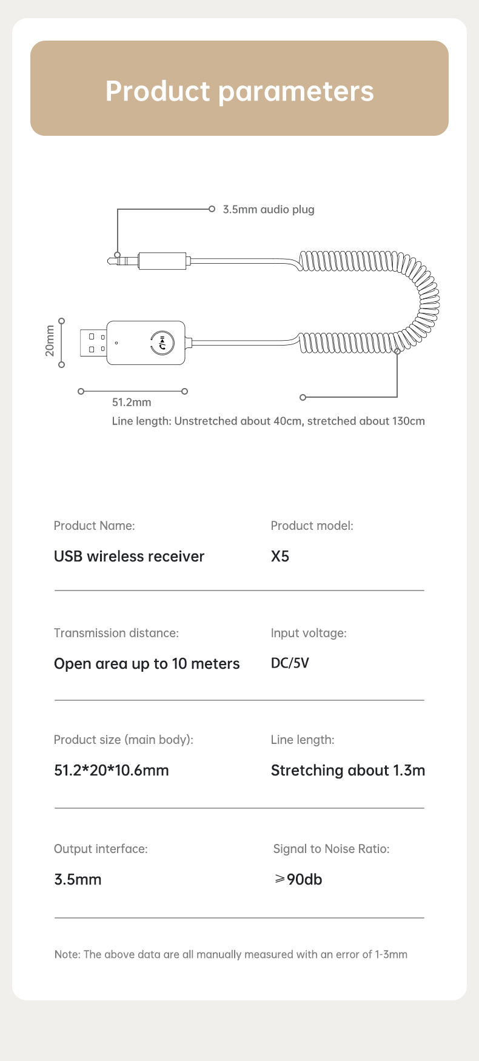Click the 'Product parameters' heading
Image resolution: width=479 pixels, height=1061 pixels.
239,91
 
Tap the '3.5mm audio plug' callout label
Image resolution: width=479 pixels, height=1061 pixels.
269,210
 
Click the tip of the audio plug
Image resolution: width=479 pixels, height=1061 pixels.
109,261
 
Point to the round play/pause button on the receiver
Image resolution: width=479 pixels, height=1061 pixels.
162,343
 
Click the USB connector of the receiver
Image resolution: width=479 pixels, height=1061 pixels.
93,343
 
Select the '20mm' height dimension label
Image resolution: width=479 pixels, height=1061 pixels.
50,341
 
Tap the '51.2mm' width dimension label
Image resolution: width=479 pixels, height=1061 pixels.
132,403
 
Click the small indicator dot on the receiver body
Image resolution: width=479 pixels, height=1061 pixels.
116,343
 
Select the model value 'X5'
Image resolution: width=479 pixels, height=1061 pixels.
280,557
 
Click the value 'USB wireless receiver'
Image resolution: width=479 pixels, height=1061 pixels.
129,557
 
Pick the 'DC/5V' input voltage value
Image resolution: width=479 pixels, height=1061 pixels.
290,663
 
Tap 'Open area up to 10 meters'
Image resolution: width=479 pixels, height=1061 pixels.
147,664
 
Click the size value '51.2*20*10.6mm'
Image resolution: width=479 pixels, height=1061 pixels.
112,771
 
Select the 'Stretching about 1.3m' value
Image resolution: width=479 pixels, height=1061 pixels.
348,771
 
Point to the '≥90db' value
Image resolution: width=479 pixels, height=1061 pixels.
298,879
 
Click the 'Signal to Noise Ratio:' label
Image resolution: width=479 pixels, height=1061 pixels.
331,849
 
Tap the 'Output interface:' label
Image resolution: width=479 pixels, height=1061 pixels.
101,849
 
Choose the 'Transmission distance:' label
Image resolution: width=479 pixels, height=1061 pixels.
116,633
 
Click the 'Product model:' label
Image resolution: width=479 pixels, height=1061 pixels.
312,526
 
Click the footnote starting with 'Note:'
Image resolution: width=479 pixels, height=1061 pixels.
231,954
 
